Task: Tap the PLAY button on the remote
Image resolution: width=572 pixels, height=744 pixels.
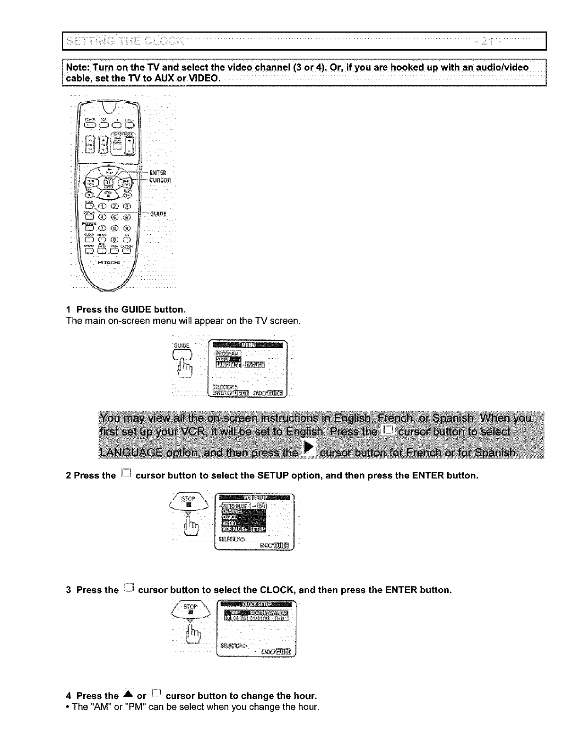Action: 109,171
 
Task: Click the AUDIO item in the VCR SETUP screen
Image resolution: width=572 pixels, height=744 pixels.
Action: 229,523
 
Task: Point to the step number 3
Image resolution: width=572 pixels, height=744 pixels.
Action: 69,590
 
